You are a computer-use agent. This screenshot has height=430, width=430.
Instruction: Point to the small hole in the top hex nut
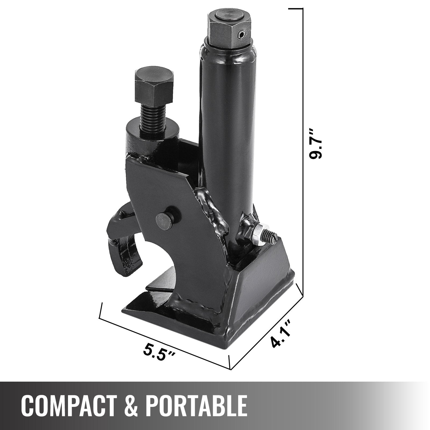[x=242, y=34]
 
